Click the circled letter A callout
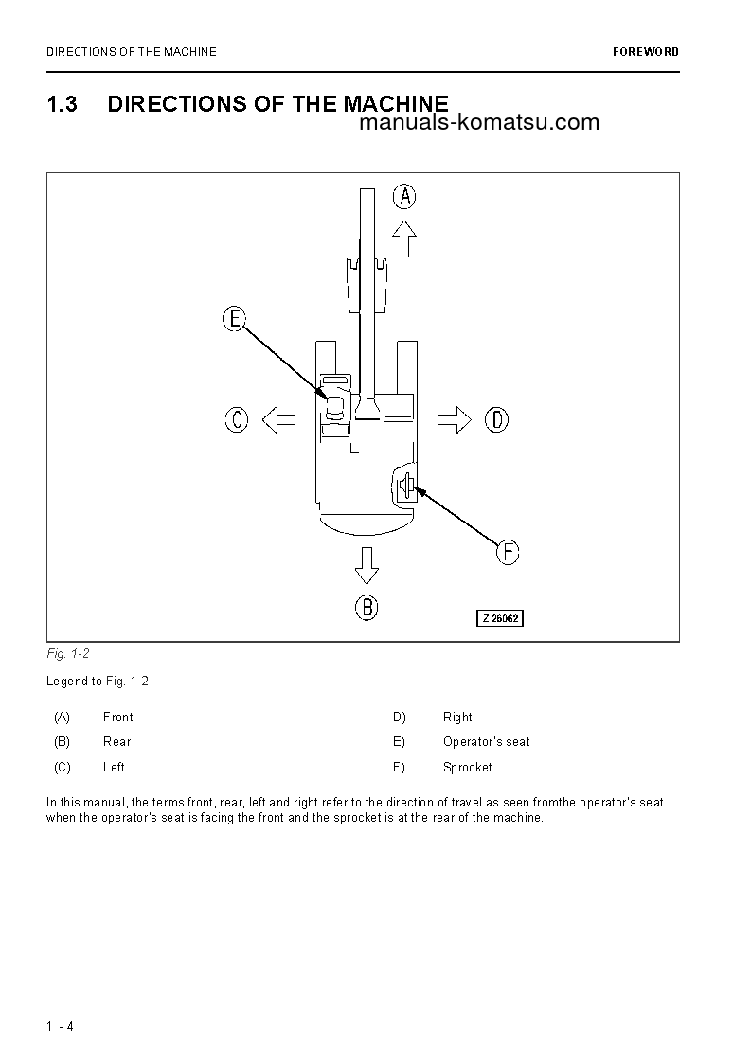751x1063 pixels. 405,197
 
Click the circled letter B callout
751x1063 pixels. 367,607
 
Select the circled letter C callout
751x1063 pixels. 237,419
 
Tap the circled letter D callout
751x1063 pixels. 496,419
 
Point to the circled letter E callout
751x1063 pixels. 235,319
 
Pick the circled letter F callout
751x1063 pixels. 509,552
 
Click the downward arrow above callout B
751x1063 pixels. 367,565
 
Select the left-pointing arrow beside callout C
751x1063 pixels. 278,419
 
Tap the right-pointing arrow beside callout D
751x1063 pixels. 455,419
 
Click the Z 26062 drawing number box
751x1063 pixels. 499,619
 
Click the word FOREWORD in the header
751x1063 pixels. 646,52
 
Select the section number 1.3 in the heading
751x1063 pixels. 62,104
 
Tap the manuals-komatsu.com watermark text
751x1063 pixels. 479,122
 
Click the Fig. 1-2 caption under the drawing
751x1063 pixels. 67,654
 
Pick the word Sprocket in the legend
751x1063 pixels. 468,768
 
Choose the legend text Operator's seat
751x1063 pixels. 487,742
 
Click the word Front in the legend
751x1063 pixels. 118,718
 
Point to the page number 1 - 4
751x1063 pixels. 60,1026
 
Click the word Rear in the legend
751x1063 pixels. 117,742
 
